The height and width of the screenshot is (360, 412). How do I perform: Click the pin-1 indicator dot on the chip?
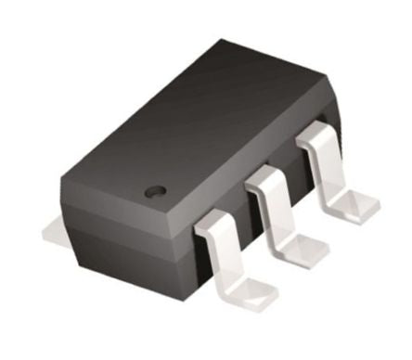(x=157, y=191)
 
